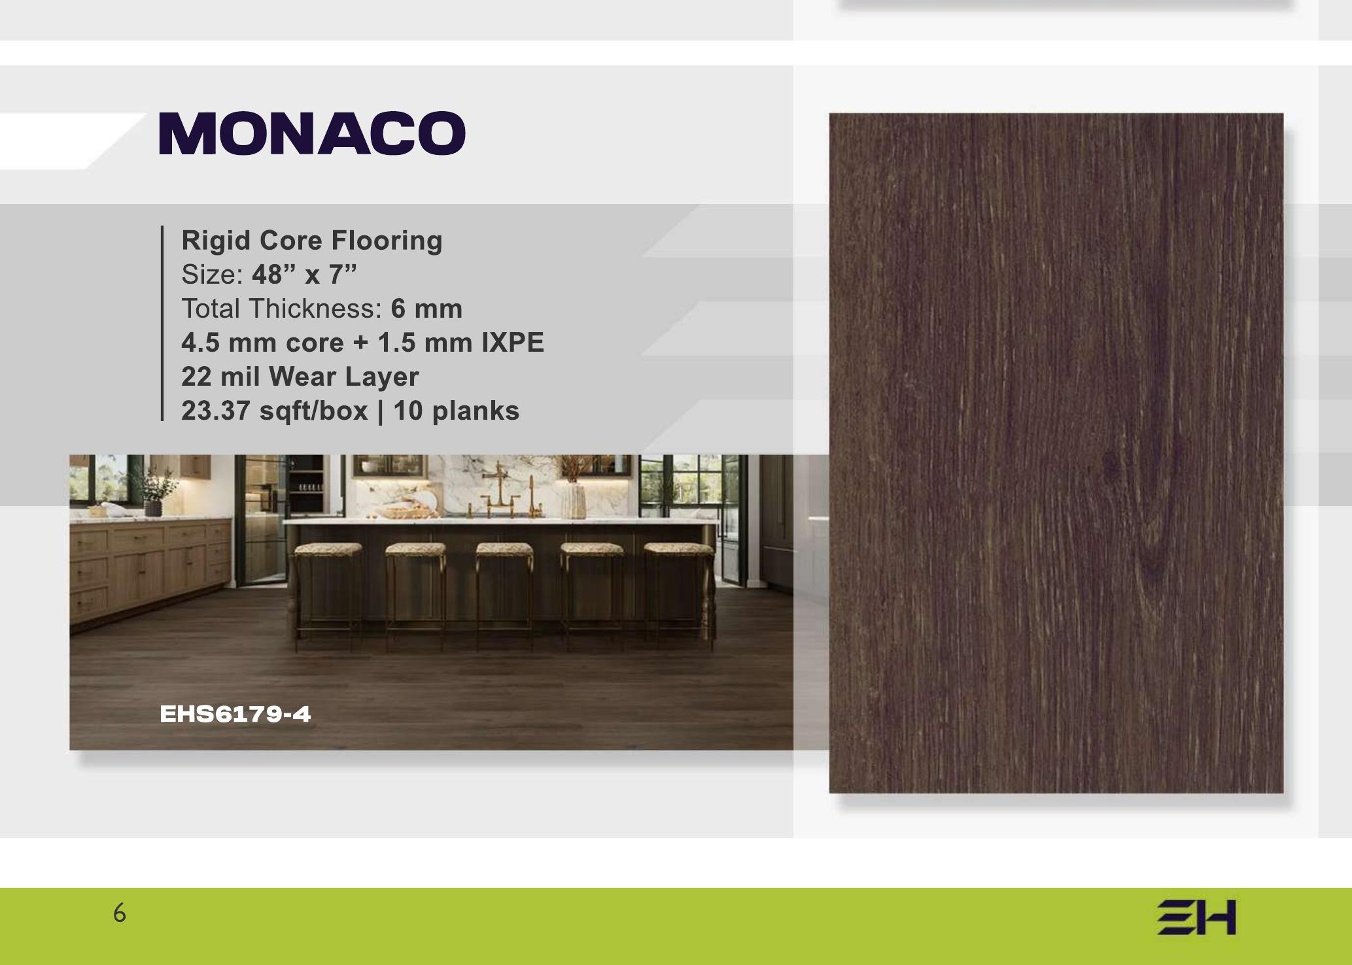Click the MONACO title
[x=312, y=133]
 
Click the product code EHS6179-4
[x=235, y=714]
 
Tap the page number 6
[x=119, y=913]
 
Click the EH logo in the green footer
[x=1196, y=918]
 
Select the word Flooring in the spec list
[x=387, y=241]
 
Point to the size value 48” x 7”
[x=305, y=275]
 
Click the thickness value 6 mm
[x=426, y=309]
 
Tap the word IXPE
[x=513, y=343]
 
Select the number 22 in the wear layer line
[x=196, y=377]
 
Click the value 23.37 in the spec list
[x=215, y=411]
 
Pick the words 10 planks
[x=456, y=411]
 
